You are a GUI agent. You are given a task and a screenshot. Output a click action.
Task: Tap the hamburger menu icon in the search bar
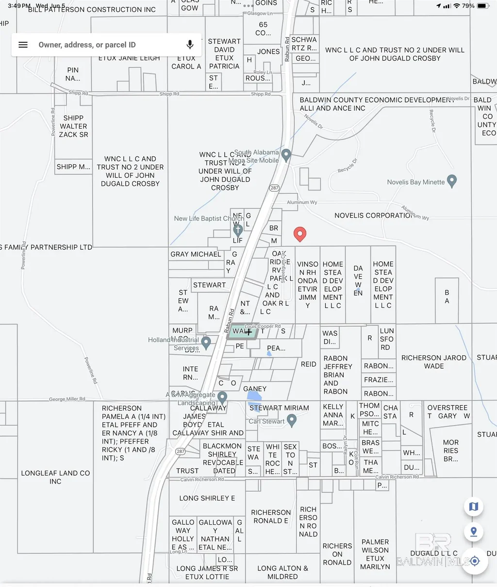coord(23,45)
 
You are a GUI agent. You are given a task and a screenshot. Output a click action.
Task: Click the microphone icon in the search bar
coord(190,45)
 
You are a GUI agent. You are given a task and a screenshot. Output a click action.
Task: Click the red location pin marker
coord(300,234)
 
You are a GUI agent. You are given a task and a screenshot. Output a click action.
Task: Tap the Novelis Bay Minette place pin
coord(452,181)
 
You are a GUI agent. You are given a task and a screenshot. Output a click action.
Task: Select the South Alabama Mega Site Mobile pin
coord(286,155)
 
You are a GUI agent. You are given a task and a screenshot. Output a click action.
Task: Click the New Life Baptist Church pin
coord(238,230)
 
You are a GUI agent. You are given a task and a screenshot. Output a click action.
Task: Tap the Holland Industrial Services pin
coord(206,342)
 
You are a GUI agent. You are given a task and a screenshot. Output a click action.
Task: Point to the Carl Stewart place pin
coord(292,420)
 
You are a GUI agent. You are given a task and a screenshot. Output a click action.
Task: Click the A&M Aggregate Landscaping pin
coord(222,397)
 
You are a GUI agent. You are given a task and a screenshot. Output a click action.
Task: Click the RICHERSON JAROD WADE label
coord(434,362)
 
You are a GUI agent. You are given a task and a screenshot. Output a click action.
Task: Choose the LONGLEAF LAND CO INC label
coord(55,477)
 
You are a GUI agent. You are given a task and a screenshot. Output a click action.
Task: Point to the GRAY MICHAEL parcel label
coord(196,254)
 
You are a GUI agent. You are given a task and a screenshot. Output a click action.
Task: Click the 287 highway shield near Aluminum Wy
coord(275,188)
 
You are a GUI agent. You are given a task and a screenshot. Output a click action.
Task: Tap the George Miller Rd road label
coord(67,399)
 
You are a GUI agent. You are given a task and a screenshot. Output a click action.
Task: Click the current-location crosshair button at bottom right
coord(474,561)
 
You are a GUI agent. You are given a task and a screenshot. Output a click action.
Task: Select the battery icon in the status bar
coord(483,6)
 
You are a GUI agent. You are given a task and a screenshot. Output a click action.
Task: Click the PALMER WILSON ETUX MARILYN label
coord(375,554)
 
